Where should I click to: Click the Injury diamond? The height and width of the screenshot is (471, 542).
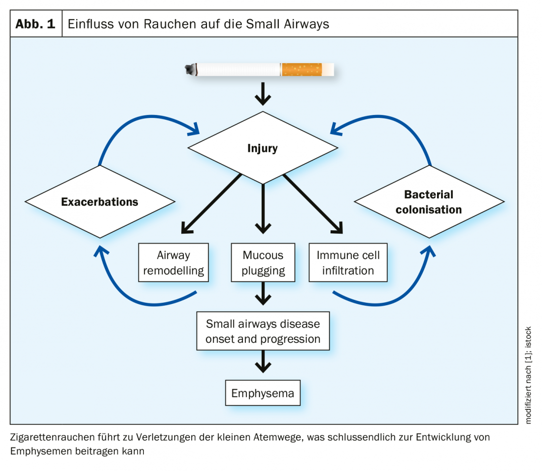[263, 148]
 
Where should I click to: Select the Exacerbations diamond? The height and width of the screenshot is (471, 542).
[100, 201]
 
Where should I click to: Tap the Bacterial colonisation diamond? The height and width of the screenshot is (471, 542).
[429, 201]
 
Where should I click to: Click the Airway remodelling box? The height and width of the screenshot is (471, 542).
[173, 263]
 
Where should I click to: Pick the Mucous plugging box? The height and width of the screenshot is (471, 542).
[263, 263]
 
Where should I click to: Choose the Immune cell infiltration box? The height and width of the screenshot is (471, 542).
[348, 263]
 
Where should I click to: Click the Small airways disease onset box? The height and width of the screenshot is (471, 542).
[263, 331]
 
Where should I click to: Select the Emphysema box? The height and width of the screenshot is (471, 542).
[263, 393]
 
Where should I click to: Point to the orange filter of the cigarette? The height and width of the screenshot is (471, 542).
[301, 70]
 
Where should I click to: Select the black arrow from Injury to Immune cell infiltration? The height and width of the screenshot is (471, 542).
[313, 204]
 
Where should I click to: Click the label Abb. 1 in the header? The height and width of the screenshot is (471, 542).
[35, 24]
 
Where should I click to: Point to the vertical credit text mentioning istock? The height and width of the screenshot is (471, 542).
[529, 374]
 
